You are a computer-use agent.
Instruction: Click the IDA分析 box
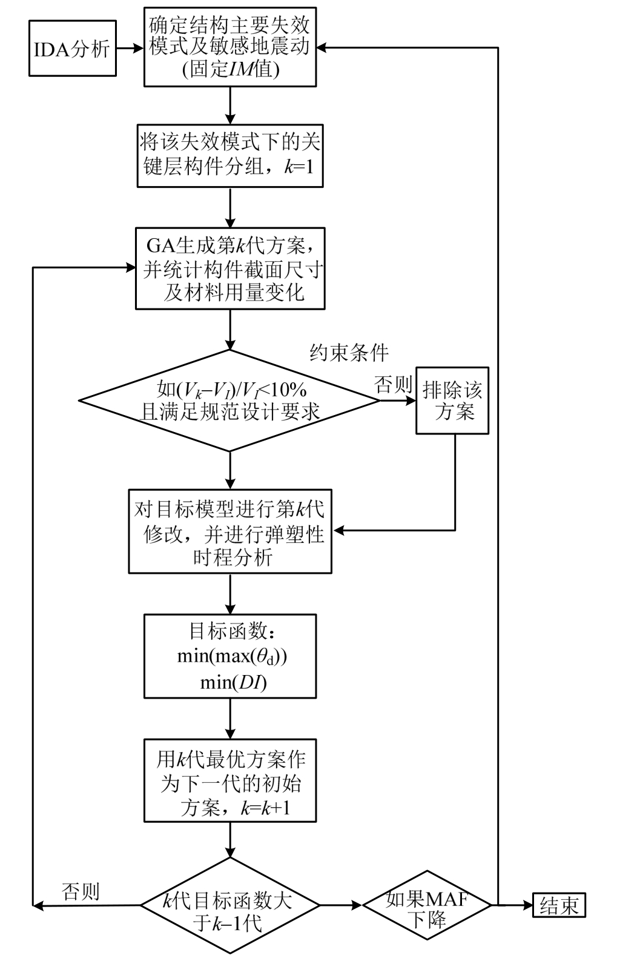tap(72, 48)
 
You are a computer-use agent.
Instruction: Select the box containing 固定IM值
tap(229, 47)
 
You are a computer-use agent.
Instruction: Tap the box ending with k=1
tap(229, 155)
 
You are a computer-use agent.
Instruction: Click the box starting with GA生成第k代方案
tap(229, 268)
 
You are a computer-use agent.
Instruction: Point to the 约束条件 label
tap(349, 353)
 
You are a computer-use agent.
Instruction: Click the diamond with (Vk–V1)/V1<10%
tap(229, 401)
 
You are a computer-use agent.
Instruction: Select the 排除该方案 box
tap(452, 401)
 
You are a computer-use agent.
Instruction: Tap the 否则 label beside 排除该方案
tap(393, 385)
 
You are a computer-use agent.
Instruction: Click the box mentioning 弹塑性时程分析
tap(229, 531)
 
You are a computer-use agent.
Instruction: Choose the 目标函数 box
tap(229, 656)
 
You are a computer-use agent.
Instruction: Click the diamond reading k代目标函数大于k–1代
tap(229, 906)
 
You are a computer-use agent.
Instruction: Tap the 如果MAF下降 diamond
tap(427, 906)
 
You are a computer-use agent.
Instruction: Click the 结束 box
tap(559, 906)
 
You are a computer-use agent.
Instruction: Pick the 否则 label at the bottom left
tap(81, 891)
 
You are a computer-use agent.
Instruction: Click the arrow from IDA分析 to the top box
tap(130, 48)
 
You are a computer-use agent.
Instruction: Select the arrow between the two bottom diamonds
tap(341, 906)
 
